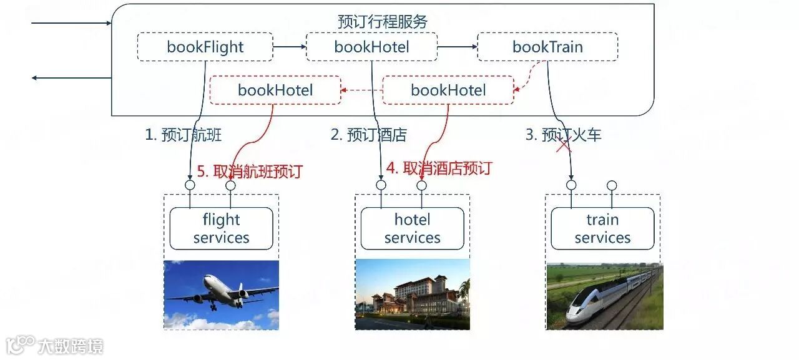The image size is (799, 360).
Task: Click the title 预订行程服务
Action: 383,22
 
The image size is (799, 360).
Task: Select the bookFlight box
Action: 205,47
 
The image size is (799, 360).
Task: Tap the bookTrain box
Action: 547,47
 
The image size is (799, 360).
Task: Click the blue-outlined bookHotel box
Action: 371,47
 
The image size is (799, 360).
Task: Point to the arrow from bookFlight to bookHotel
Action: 289,47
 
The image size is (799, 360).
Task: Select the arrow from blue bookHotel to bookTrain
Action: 457,47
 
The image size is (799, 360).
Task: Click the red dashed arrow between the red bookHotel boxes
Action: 361,90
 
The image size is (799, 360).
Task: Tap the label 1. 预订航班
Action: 183,135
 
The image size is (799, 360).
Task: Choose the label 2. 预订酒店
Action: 368,135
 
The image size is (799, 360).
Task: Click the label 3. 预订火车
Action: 563,135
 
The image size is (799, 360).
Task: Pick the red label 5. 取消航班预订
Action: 249,171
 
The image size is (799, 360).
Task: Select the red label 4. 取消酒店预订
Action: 439,168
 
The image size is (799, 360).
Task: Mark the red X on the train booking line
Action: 564,145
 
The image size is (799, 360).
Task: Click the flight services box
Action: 221,228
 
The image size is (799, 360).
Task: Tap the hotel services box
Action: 412,228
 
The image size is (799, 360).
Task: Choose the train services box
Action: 602,228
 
